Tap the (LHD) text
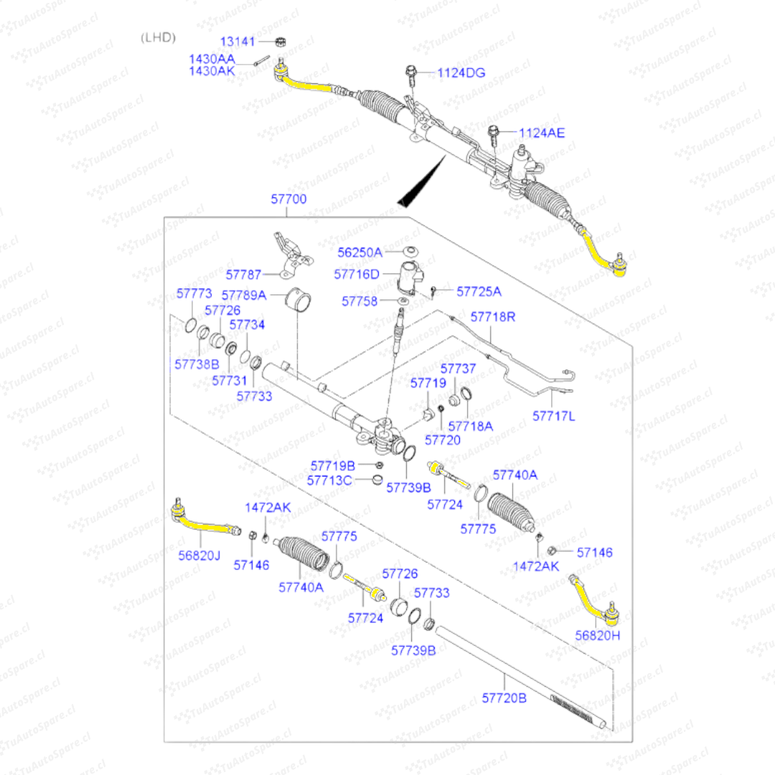point(158,37)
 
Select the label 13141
point(237,42)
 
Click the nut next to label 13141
point(281,42)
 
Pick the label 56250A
point(361,252)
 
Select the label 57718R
point(492,316)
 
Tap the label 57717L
point(553,415)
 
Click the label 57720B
point(504,697)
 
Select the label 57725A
point(479,291)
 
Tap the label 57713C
point(329,480)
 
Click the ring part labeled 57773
point(189,324)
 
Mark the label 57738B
point(196,364)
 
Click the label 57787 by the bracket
point(243,274)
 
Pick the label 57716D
point(356,274)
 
